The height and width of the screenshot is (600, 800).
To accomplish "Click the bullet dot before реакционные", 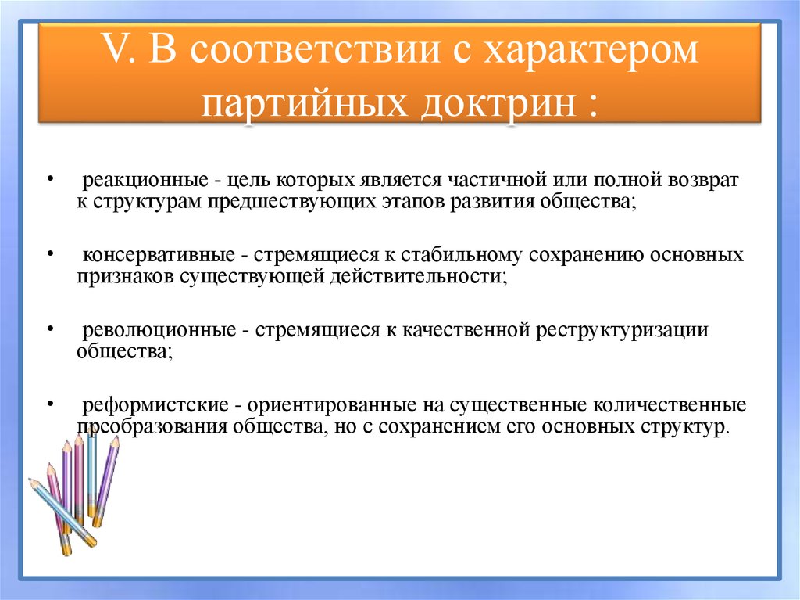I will tap(50, 179).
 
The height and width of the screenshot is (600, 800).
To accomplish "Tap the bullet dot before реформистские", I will tap(50, 404).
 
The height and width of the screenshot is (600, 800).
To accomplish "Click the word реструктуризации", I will tap(623, 330).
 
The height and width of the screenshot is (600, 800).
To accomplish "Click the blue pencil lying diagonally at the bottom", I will tap(62, 512).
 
